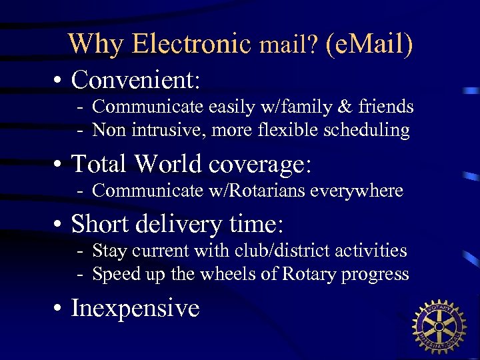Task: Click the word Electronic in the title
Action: pyautogui.click(x=191, y=43)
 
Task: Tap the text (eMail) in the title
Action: pyautogui.click(x=369, y=44)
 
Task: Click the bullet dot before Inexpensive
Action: pyautogui.click(x=59, y=309)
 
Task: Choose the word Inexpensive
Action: pyautogui.click(x=135, y=308)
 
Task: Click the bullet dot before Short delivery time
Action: pyautogui.click(x=59, y=225)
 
